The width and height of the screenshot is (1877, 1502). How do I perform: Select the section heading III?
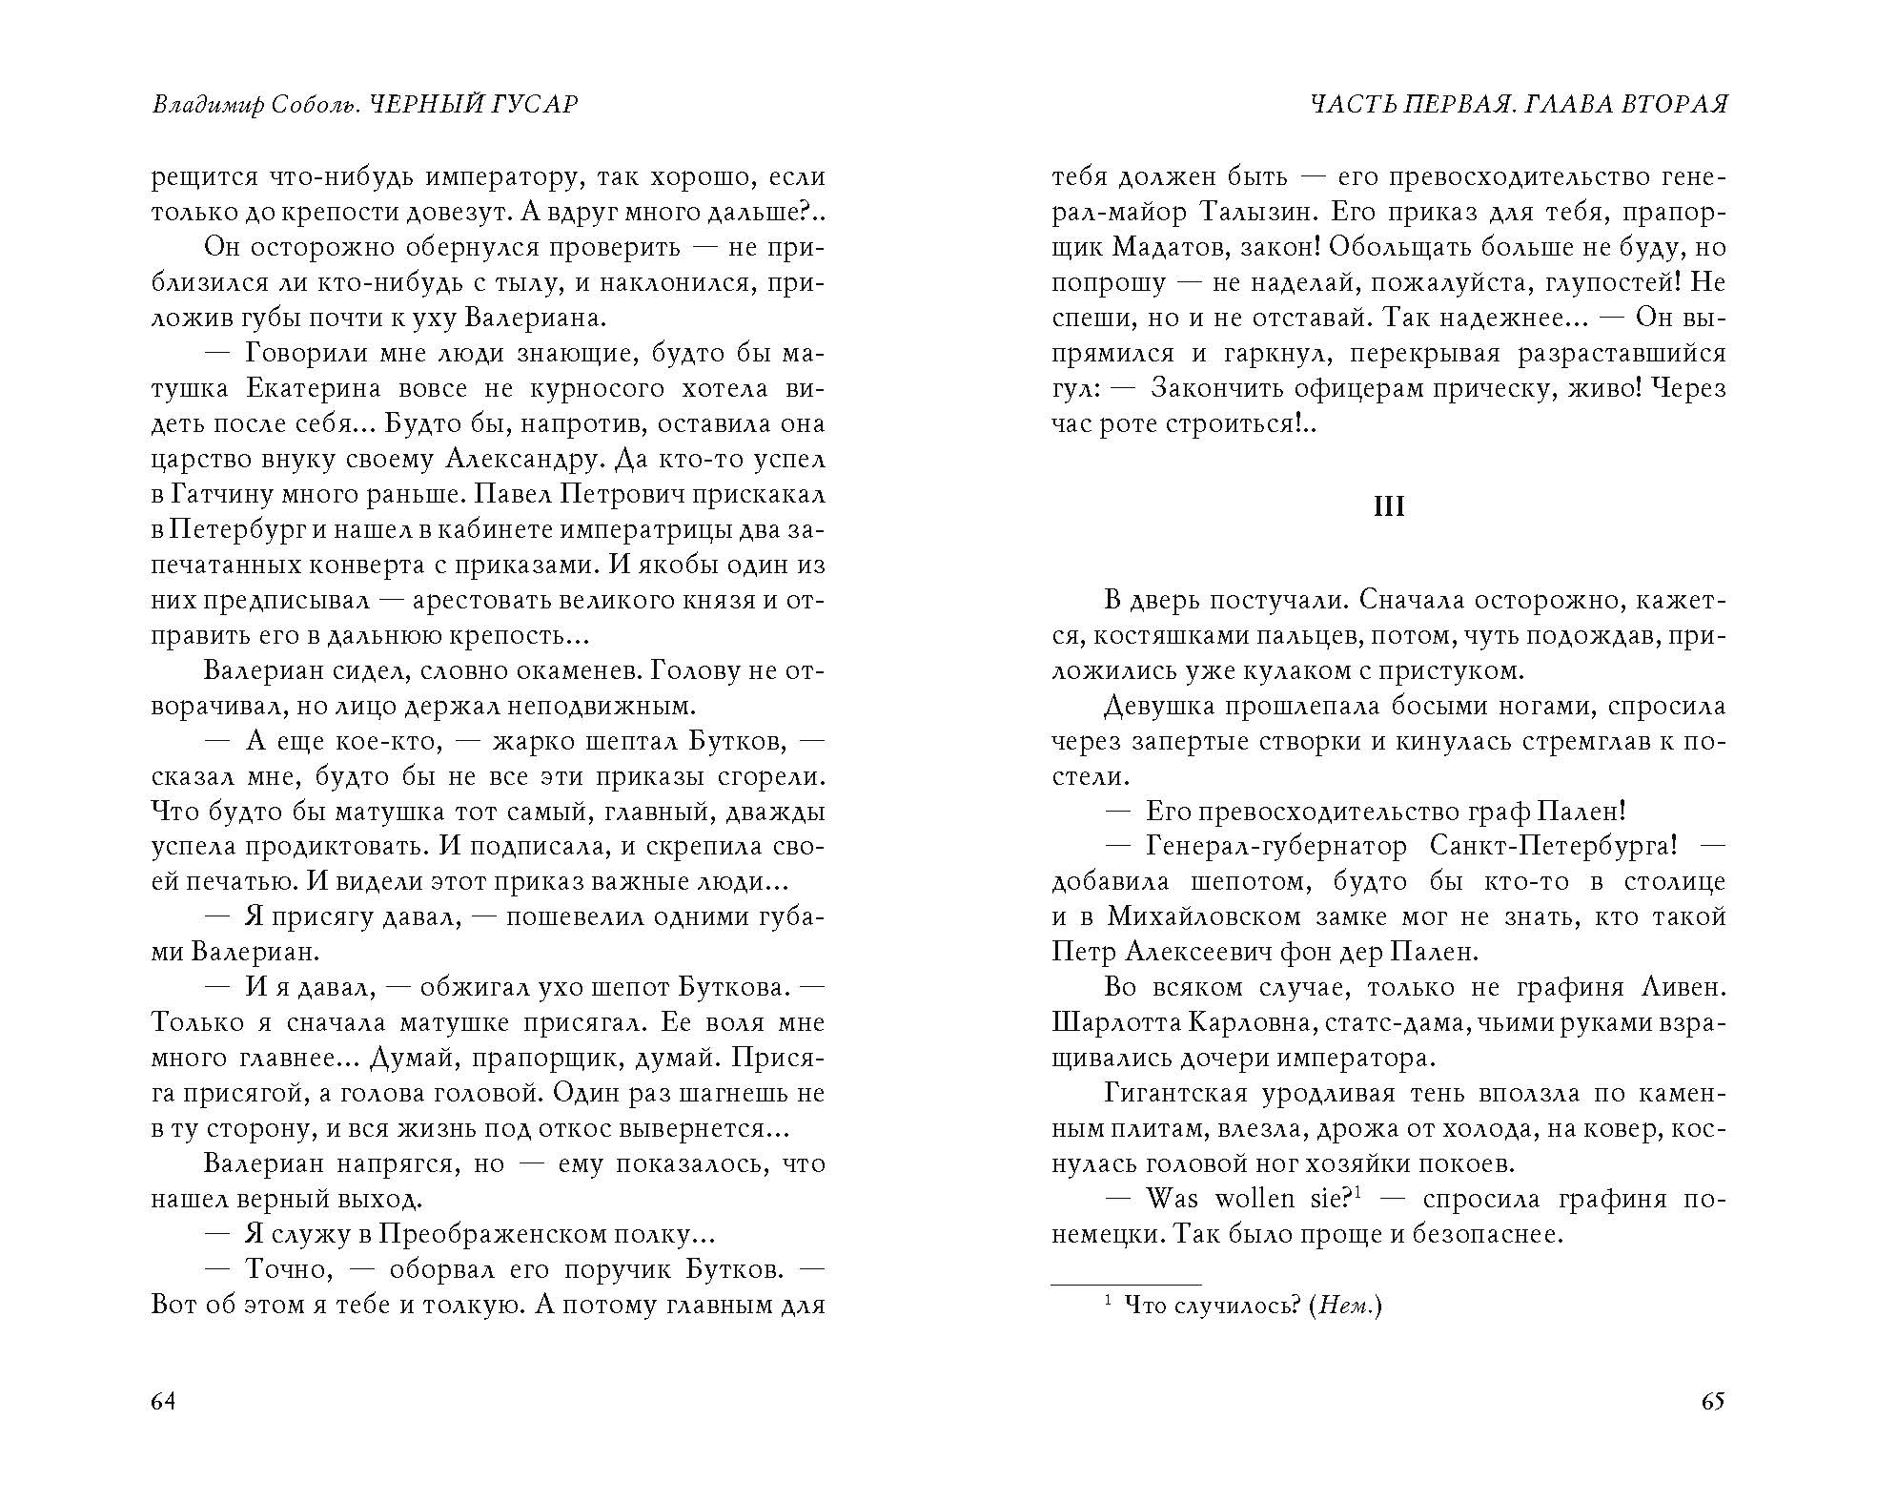(x=1388, y=506)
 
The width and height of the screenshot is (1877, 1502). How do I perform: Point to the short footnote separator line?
(x=1126, y=1285)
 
